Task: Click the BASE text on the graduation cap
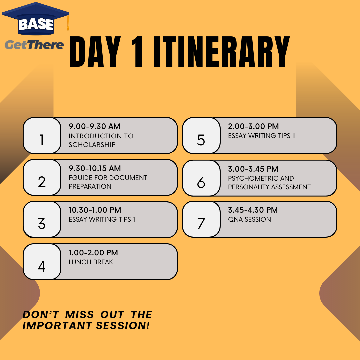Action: (x=36, y=24)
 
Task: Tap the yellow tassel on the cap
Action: (x=68, y=23)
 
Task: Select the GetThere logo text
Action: (x=34, y=45)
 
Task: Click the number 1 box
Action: (x=42, y=135)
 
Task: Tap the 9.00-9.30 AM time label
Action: (x=94, y=126)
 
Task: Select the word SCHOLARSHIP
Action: (x=92, y=145)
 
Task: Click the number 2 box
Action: (x=42, y=177)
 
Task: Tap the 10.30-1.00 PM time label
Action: (x=95, y=210)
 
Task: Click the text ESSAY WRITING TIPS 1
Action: (x=102, y=219)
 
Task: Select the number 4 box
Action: (x=42, y=262)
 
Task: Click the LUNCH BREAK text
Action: (x=91, y=262)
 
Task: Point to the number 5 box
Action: (x=201, y=135)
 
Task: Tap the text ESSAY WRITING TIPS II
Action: (x=262, y=136)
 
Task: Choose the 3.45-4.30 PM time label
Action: (x=253, y=210)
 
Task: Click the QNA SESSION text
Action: (x=249, y=219)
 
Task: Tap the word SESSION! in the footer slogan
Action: (x=123, y=326)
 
